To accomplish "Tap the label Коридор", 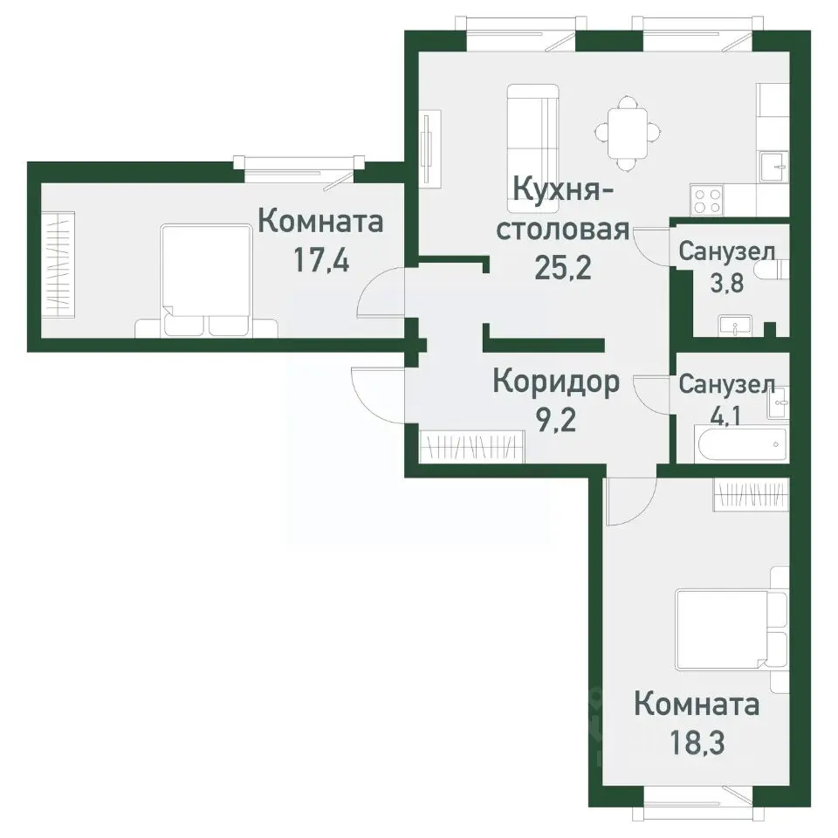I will tap(556, 381).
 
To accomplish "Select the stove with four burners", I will tap(707, 200).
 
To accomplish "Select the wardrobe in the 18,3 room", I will tap(752, 496).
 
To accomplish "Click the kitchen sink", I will tap(773, 166).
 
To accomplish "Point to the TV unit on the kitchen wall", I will tap(429, 148).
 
